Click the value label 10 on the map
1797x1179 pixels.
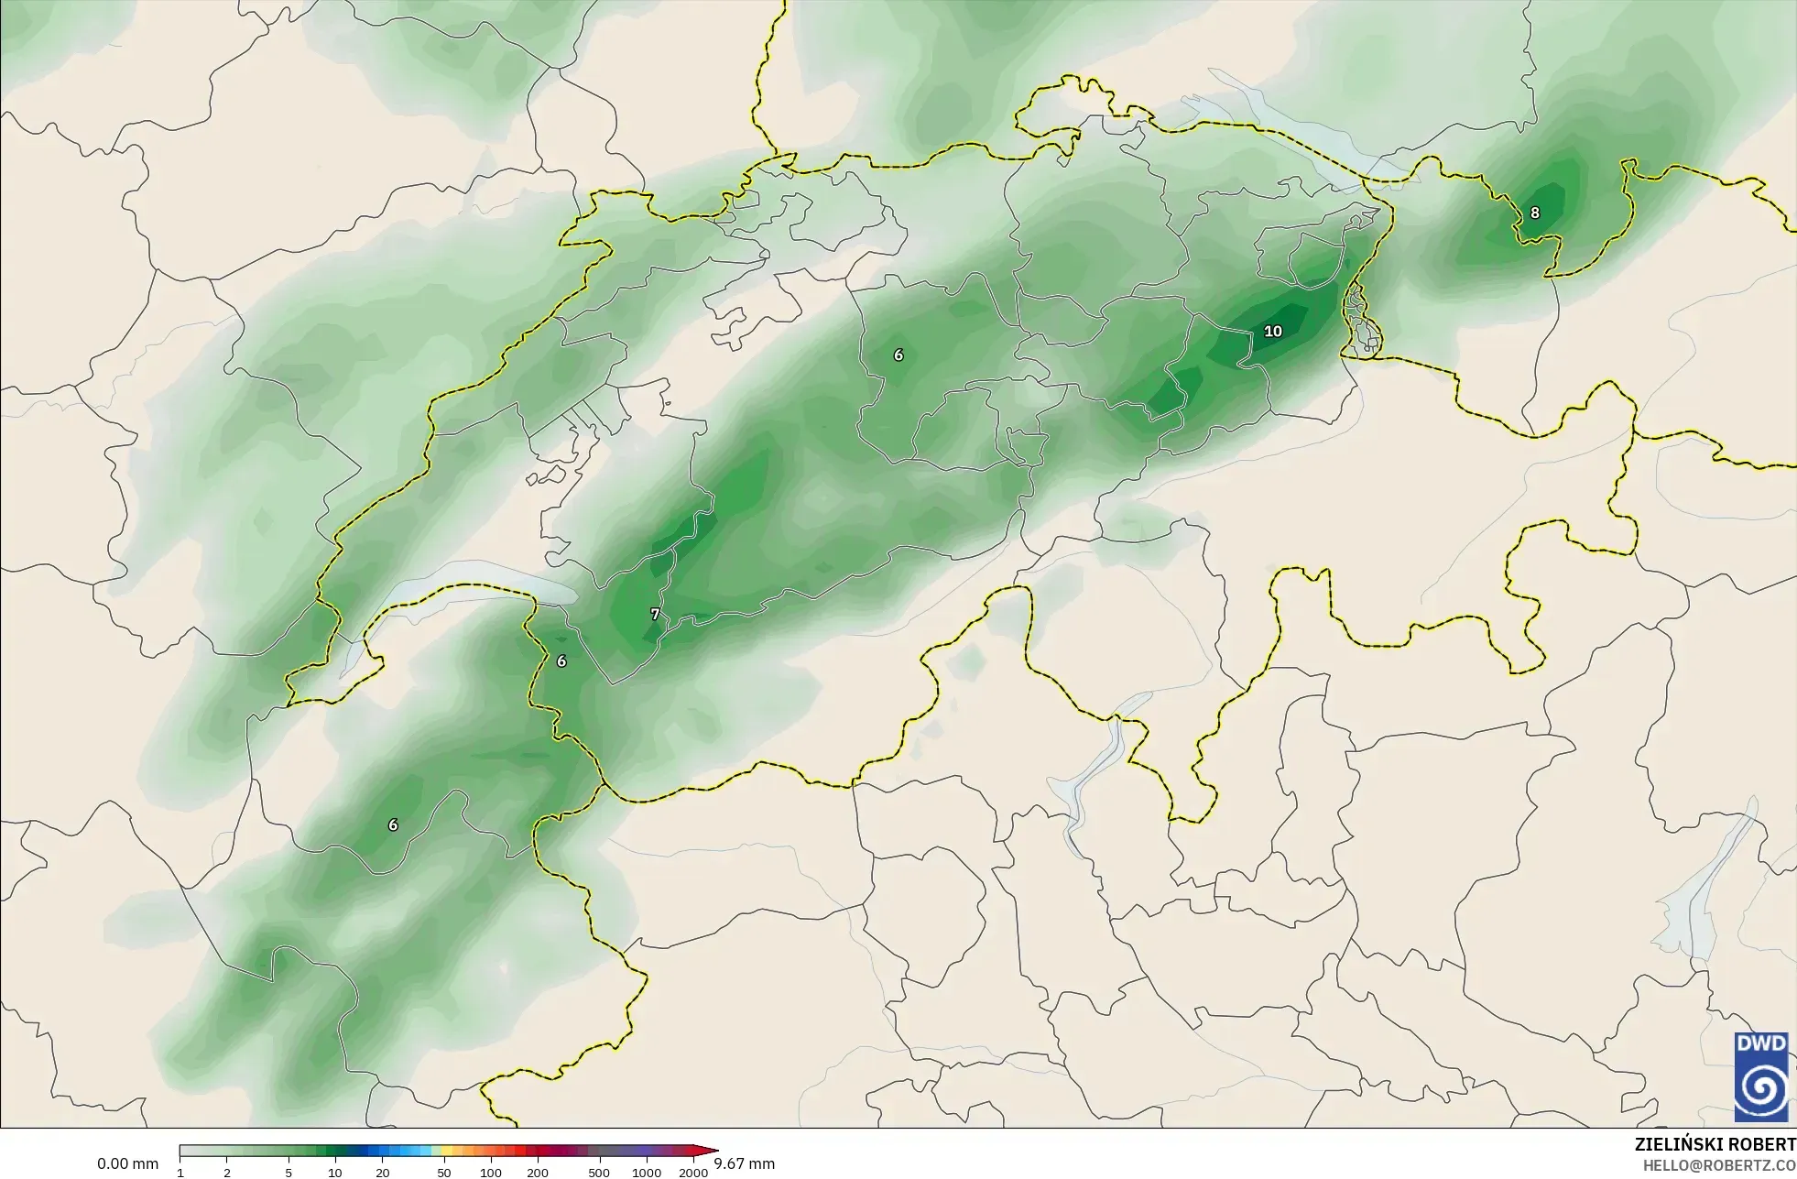(1272, 332)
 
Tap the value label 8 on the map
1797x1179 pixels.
(1534, 213)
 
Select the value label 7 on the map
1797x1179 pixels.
(654, 615)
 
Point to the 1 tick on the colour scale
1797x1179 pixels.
(180, 1173)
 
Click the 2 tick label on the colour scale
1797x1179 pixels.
(227, 1173)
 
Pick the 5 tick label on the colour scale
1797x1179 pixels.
(289, 1173)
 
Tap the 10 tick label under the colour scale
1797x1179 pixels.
(335, 1173)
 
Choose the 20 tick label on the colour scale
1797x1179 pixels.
(382, 1173)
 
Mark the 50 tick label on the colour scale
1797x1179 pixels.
(443, 1173)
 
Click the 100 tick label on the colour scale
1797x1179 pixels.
(490, 1173)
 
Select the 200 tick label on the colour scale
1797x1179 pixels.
(538, 1173)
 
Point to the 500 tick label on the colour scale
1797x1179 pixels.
(599, 1173)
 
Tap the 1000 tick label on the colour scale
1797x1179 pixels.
(646, 1173)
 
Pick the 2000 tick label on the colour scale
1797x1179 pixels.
(693, 1173)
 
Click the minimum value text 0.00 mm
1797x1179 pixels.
(127, 1164)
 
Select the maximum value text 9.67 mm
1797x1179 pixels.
(744, 1164)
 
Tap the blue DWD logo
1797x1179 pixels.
(1760, 1076)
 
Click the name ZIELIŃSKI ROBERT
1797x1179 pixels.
(1715, 1145)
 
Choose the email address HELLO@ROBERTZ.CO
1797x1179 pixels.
(1719, 1165)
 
